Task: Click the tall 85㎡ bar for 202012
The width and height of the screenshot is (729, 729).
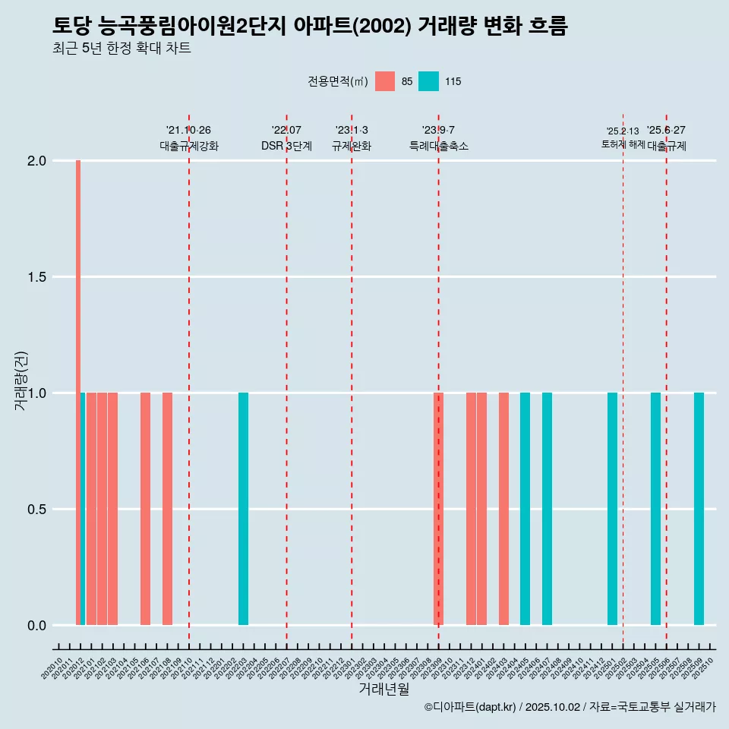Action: (78, 392)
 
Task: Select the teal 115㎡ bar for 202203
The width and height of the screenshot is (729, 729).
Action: (243, 509)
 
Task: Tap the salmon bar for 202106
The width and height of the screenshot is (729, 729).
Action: (145, 509)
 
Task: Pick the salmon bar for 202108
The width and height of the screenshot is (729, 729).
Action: (167, 509)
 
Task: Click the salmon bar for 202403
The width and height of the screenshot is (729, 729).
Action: (503, 509)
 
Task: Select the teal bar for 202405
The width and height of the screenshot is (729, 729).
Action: (525, 509)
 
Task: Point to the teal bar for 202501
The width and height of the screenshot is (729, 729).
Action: (612, 509)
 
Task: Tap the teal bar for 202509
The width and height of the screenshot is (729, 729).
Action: (699, 509)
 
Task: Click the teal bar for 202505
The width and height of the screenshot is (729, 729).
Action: (655, 509)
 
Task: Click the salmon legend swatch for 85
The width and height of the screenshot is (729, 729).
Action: (385, 81)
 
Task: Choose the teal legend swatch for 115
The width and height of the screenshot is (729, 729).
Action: (428, 81)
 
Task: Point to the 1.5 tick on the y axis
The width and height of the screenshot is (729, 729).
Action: (36, 277)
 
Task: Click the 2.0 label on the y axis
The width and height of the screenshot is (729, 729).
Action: (36, 161)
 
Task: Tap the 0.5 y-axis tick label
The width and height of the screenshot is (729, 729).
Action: (36, 510)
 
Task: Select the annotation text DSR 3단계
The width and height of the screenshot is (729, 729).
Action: (286, 146)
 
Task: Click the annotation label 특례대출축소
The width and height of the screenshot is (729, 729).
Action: (438, 146)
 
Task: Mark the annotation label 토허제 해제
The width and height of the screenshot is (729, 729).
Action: (623, 144)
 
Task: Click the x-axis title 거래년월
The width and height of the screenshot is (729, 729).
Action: (383, 690)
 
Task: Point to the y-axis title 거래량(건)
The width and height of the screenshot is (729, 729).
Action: (21, 380)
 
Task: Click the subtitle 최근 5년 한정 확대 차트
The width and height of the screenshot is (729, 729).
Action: (121, 49)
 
